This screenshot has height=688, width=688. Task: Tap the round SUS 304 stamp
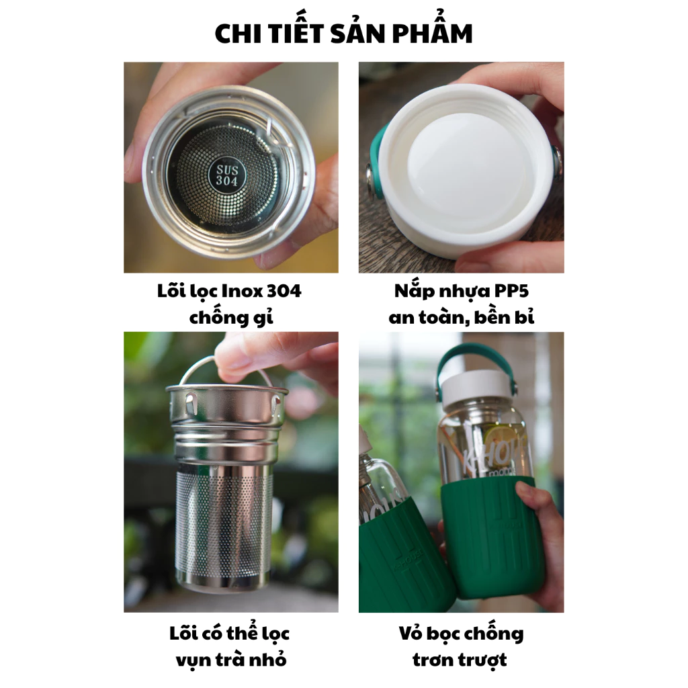(226, 175)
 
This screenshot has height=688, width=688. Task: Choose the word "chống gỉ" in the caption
(231, 317)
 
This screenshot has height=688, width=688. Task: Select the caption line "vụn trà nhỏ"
(231, 660)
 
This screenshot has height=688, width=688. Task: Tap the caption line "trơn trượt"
(460, 660)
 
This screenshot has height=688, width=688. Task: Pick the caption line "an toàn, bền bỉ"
(461, 317)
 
